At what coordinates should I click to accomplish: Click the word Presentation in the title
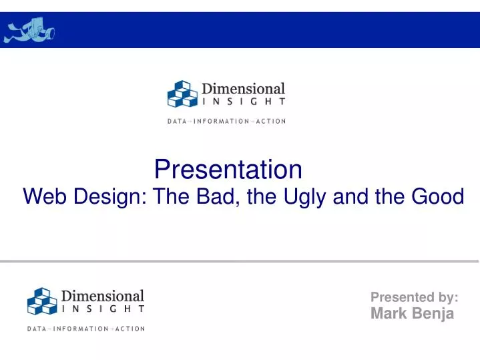pos(228,170)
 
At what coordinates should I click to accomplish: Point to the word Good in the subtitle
pos(435,197)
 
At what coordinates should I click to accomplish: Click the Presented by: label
pos(414,297)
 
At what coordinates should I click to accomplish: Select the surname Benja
pos(433,314)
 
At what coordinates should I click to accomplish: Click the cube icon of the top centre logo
pos(181,94)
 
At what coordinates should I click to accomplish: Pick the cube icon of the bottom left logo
pos(41,301)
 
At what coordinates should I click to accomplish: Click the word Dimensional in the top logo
pos(244,89)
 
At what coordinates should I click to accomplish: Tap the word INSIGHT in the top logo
pos(244,102)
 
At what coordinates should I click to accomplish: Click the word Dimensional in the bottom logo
pos(103,295)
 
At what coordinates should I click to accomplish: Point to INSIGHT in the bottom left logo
pos(103,309)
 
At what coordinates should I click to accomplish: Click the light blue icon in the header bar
pos(30,30)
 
